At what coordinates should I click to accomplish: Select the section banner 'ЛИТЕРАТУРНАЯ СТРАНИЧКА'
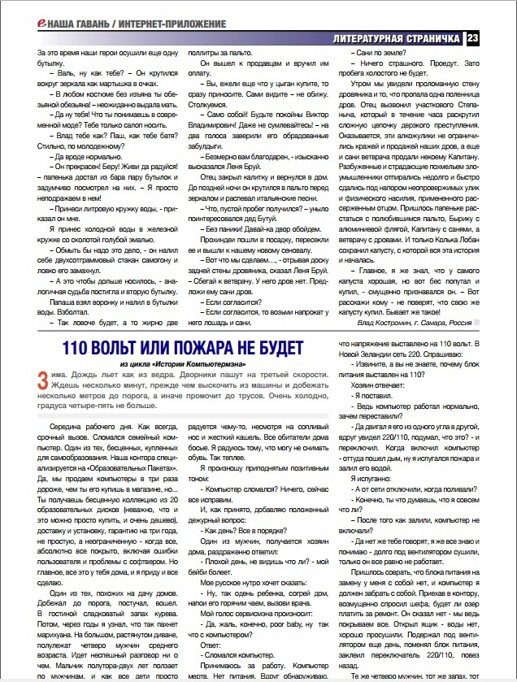pos(397,39)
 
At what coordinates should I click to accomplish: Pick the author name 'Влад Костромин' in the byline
pos(378,322)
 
